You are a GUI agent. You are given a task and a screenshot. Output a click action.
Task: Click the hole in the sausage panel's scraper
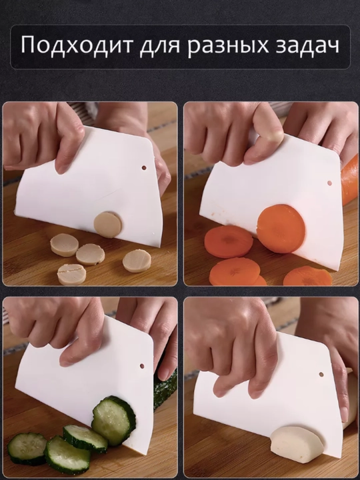point(143,168)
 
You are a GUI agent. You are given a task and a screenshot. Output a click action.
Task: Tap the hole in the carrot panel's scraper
point(329,183)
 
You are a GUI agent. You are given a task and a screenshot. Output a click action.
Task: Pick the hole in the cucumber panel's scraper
point(142,366)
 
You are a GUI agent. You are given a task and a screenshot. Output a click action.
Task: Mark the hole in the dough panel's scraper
point(321,375)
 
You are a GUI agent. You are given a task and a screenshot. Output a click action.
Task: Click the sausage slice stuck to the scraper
point(108,225)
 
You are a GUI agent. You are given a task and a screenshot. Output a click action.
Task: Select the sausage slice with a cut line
point(71,274)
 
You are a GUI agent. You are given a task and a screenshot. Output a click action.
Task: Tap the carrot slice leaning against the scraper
point(281,229)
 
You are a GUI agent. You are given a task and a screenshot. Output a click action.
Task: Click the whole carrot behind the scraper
point(351,181)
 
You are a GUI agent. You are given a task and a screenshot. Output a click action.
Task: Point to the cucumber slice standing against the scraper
point(113,421)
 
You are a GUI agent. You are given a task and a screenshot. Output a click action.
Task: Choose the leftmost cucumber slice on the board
point(27,448)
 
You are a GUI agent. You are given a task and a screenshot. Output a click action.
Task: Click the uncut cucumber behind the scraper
point(165,389)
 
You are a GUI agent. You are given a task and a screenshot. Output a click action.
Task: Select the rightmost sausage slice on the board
point(137,261)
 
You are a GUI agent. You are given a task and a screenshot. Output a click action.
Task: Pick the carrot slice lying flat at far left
point(229,242)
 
